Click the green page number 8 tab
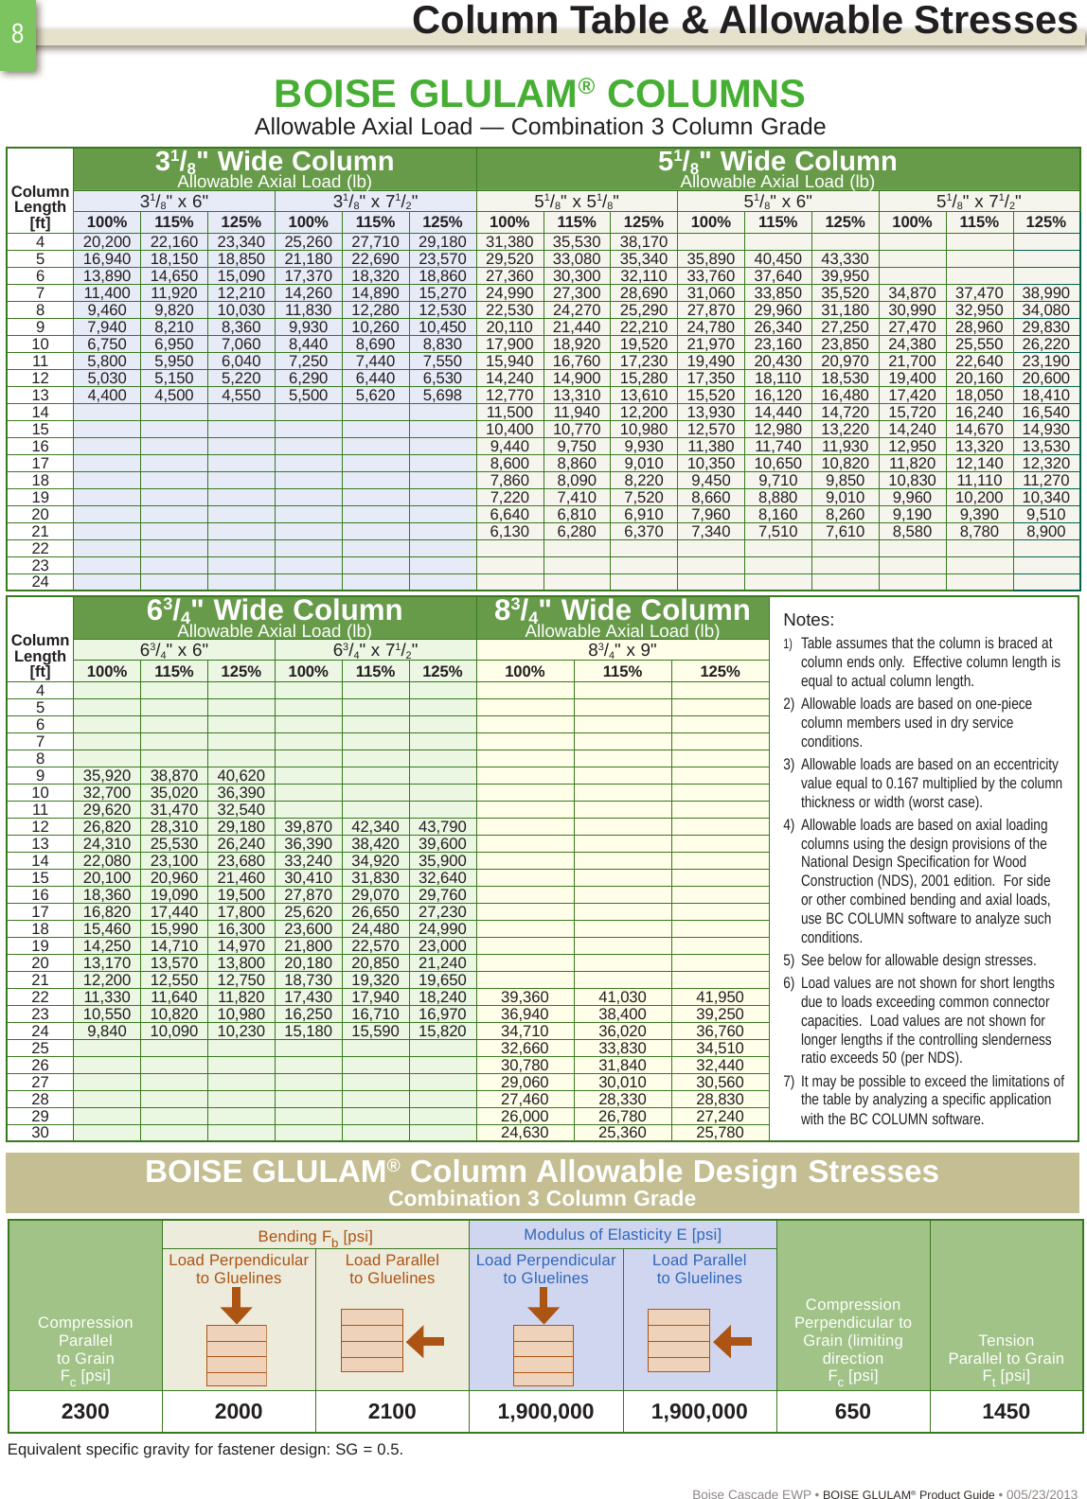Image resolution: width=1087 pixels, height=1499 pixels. pos(18,35)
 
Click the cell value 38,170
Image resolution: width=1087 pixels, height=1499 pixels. pos(643,242)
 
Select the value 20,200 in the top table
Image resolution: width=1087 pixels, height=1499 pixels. pos(107,242)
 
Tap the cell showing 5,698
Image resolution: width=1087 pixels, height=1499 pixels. pos(442,396)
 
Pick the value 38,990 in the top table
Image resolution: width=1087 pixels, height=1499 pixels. pos(1045,293)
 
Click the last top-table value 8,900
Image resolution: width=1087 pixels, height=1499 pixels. pos(1045,532)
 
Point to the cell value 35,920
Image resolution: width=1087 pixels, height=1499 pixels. pos(107,776)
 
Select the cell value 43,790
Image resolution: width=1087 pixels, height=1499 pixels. pos(442,827)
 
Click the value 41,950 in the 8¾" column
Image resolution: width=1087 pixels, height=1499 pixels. pos(720,997)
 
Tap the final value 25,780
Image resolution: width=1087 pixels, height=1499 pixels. pos(720,1133)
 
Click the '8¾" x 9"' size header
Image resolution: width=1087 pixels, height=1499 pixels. pos(622,650)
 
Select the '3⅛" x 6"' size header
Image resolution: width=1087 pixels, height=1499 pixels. pos(174,202)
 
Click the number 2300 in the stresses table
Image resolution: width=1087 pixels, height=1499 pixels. pos(85,1412)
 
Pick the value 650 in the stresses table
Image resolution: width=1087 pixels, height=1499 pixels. pos(852,1412)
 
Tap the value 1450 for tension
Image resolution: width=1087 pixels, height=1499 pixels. pos(1006,1412)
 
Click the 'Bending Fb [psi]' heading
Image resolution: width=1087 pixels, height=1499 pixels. pos(315,1237)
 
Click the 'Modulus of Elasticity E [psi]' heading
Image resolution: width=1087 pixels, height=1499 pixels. pos(622,1235)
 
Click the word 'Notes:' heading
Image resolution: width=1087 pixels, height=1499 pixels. pos(808,620)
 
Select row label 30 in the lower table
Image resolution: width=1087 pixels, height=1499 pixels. pos(40,1133)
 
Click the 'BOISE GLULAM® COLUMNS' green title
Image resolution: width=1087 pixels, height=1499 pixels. pos(539,95)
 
